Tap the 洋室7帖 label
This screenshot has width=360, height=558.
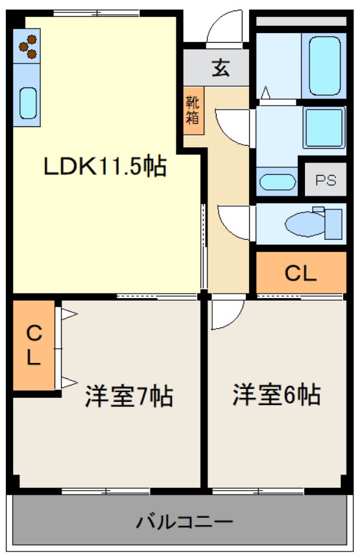coord(128,395)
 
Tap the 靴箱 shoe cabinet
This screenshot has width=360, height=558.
coord(193,110)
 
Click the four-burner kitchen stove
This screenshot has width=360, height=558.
coord(27,46)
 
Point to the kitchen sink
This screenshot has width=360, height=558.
coord(28,102)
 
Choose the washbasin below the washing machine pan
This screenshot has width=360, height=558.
coord(278,182)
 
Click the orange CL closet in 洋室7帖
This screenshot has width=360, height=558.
coord(34,345)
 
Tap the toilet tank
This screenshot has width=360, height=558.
coord(333,223)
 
